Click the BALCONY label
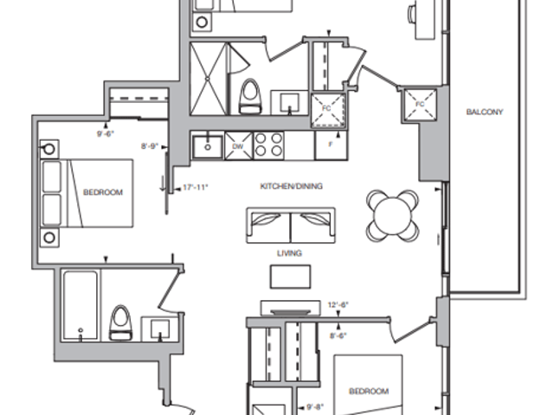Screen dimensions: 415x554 (484, 112)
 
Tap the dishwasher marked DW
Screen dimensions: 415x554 (237, 147)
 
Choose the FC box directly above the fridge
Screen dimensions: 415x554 (328, 110)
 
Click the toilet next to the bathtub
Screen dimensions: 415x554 (119, 322)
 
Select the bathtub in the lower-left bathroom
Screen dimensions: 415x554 (80, 305)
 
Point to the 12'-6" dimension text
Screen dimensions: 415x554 (338, 304)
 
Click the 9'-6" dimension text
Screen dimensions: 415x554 (106, 134)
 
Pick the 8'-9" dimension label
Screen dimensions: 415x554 (150, 147)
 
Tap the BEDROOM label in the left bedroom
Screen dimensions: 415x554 (102, 192)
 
